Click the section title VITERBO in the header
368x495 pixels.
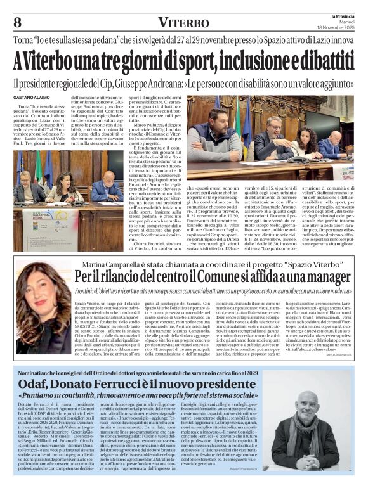pyautogui.click(x=183, y=23)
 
